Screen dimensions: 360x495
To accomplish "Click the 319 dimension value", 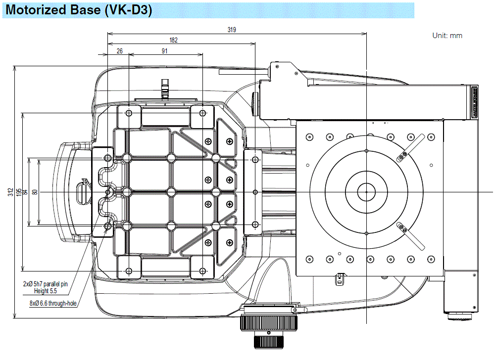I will [x=232, y=30].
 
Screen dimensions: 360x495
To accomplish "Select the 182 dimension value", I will [x=173, y=40].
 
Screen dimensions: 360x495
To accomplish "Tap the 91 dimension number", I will [x=164, y=51].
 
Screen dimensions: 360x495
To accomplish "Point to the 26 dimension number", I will [x=119, y=51].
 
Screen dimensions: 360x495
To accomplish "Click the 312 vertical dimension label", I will [x=10, y=192].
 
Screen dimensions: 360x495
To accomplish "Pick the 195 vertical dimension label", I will [x=18, y=192].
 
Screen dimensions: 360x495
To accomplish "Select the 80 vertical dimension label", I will [x=34, y=192].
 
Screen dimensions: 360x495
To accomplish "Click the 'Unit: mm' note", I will [x=447, y=36].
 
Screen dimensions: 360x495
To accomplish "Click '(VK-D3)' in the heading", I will [x=128, y=10].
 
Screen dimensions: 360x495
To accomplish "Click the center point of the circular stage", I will [x=366, y=192].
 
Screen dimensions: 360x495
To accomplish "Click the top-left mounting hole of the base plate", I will [x=129, y=113].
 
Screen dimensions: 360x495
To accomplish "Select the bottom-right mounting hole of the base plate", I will [x=202, y=270].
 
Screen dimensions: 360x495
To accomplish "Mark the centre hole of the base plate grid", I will [x=171, y=191].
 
